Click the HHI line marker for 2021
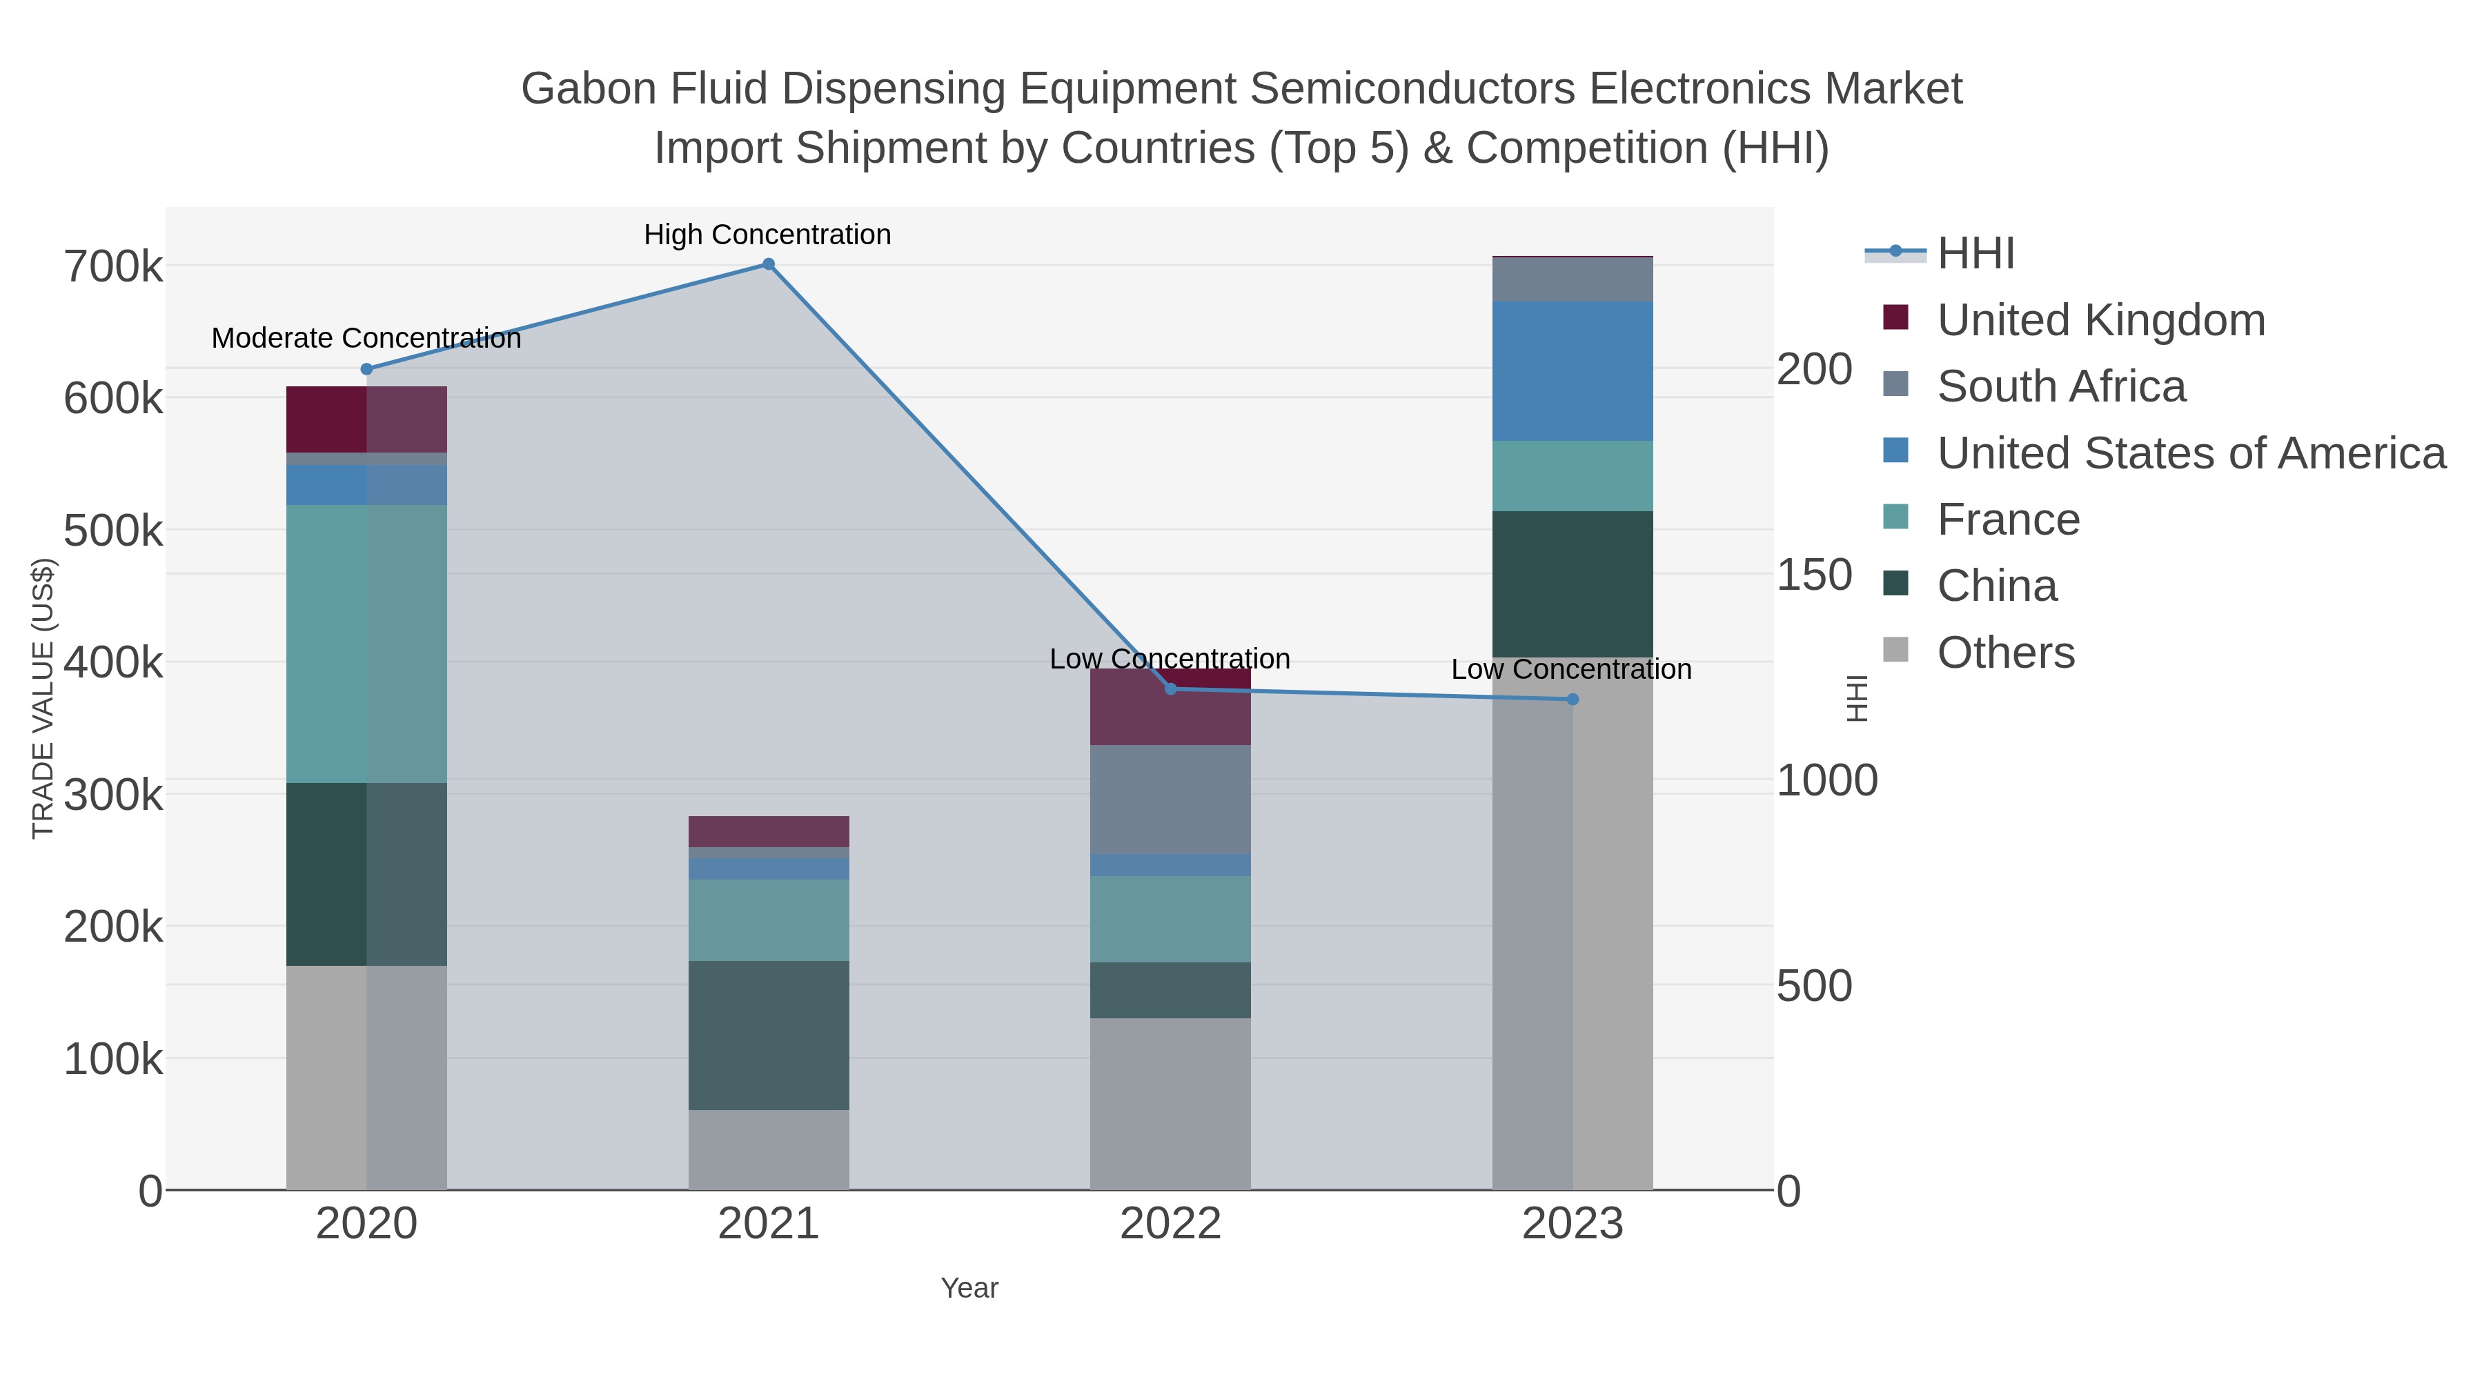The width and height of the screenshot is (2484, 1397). tap(769, 264)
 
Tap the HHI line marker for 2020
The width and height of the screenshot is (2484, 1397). tap(366, 369)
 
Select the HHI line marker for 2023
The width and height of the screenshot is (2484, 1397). tap(1573, 699)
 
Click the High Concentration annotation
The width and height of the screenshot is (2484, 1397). tap(767, 235)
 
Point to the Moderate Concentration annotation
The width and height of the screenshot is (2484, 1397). tap(366, 339)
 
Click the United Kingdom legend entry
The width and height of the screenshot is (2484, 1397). tap(2100, 320)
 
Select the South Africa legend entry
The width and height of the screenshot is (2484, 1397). tap(2060, 386)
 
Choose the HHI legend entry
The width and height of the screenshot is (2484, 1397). tap(1975, 254)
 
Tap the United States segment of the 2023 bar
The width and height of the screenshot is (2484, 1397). tap(1573, 371)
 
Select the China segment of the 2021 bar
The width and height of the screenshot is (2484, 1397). tap(769, 1035)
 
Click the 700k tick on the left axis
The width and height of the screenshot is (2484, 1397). tap(113, 267)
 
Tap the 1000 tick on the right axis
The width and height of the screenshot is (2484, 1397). tap(1826, 780)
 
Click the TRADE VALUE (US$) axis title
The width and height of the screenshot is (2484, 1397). tap(43, 698)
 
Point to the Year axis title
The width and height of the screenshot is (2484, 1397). tap(969, 1288)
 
